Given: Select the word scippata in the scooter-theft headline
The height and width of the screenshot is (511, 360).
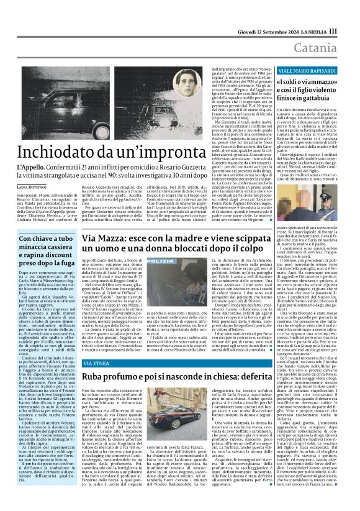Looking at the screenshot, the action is point(257,239).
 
